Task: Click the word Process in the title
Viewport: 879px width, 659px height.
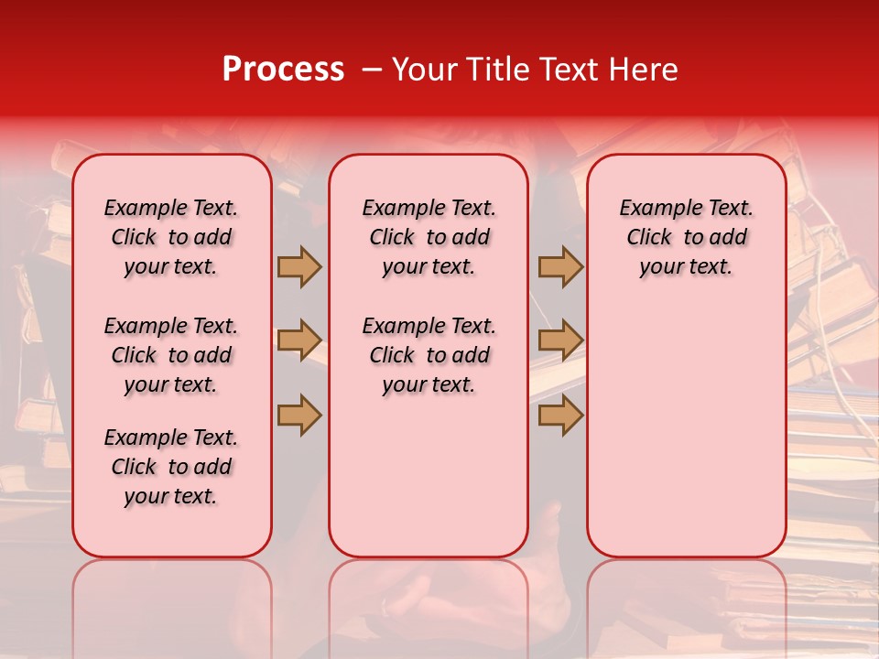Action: coord(283,70)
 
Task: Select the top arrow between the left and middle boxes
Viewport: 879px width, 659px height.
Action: coord(299,267)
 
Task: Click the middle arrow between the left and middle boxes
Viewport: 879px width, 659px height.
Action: coord(299,341)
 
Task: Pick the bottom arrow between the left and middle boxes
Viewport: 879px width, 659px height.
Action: coord(299,416)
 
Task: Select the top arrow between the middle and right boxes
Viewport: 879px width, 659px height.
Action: coord(560,267)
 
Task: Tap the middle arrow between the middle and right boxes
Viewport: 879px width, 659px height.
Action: coord(560,341)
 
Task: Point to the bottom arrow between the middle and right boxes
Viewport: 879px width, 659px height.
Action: coord(560,416)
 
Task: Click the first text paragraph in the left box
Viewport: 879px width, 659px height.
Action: coord(171,238)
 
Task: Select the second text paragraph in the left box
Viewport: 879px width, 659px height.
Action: coord(171,355)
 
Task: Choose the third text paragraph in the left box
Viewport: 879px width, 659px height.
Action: coord(171,467)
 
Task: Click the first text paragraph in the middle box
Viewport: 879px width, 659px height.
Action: coord(429,238)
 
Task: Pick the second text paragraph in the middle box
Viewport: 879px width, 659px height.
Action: coord(429,355)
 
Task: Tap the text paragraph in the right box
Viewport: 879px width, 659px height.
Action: coord(686,238)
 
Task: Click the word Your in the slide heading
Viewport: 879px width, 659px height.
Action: coord(426,70)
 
